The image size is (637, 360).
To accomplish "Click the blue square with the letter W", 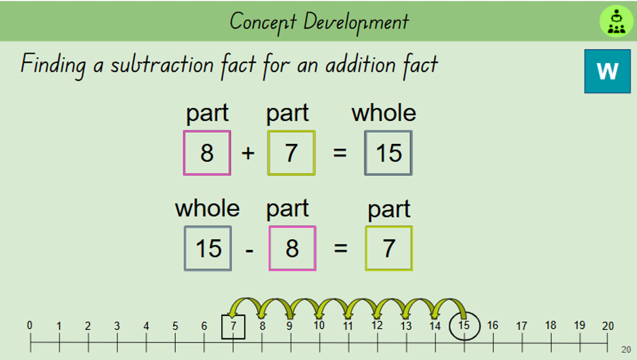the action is (607, 71).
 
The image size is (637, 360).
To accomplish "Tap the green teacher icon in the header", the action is (616, 21).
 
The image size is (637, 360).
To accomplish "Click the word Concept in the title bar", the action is (263, 23).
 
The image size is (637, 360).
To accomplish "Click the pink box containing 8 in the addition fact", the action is (207, 153).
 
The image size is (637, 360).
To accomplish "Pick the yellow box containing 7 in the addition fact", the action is (291, 153).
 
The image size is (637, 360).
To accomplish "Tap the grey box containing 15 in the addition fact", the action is (389, 153).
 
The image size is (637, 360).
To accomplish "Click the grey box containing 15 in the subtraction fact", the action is (208, 248).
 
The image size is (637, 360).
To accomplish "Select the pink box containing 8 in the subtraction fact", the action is (292, 248).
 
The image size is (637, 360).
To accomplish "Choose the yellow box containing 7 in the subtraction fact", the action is (389, 248).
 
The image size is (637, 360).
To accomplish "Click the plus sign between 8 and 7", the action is (248, 153).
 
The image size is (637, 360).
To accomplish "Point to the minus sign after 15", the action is (249, 251).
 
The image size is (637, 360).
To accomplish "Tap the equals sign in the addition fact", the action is (340, 153).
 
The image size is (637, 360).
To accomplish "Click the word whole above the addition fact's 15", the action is (384, 113).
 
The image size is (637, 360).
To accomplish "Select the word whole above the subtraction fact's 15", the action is (208, 208).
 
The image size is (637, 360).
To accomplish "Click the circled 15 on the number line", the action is (464, 326).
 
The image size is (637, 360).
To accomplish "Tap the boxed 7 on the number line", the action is (233, 327).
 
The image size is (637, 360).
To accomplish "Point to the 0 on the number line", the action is (30, 325).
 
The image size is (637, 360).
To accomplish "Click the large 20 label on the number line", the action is (608, 326).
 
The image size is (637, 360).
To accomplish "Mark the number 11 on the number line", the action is (348, 326).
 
